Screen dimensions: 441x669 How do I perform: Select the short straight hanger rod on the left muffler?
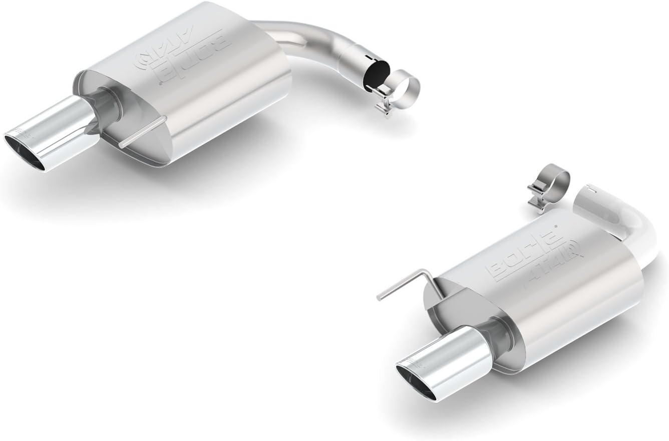pyautogui.click(x=142, y=132)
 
